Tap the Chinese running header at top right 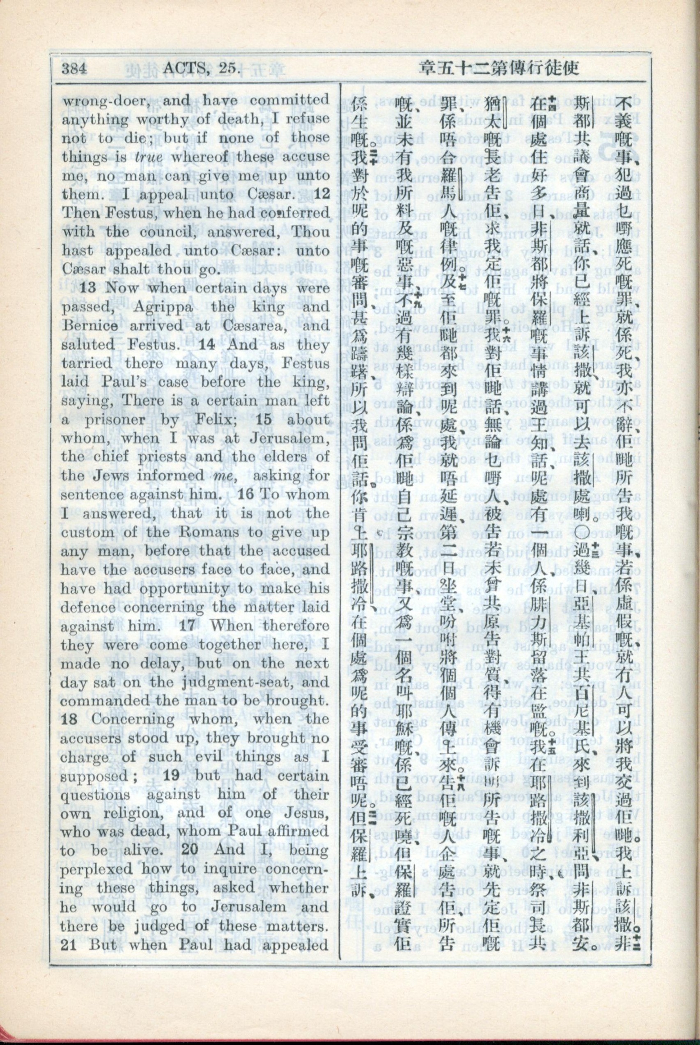499,68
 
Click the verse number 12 322,195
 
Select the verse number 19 172,776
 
